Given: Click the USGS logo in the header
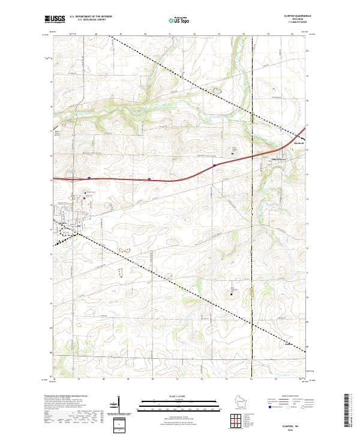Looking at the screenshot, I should click(x=55, y=19).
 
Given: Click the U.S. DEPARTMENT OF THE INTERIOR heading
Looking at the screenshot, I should click(x=90, y=17).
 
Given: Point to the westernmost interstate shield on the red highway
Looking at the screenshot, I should click(x=89, y=178).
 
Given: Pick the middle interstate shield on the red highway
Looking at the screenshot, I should click(x=149, y=178).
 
